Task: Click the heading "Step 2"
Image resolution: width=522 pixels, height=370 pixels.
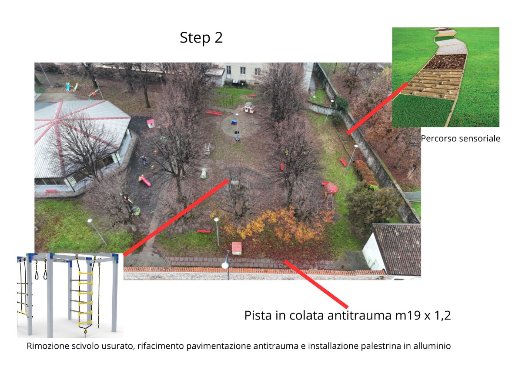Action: tap(201, 38)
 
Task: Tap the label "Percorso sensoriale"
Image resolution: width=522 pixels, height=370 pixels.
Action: tap(461, 139)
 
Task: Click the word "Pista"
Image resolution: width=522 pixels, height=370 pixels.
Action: tap(258, 316)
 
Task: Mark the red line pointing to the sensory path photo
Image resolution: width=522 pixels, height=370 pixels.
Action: tap(378, 108)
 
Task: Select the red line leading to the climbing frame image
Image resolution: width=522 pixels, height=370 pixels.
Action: tap(176, 217)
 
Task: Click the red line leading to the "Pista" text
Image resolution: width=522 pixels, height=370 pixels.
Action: tap(316, 284)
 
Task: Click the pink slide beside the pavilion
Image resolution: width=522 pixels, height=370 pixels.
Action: tap(145, 181)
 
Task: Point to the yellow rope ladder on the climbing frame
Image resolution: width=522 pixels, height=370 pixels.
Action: tap(85, 300)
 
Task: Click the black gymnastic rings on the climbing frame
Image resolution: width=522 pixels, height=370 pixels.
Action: tap(41, 270)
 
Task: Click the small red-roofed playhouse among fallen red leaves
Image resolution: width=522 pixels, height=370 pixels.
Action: tap(237, 248)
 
